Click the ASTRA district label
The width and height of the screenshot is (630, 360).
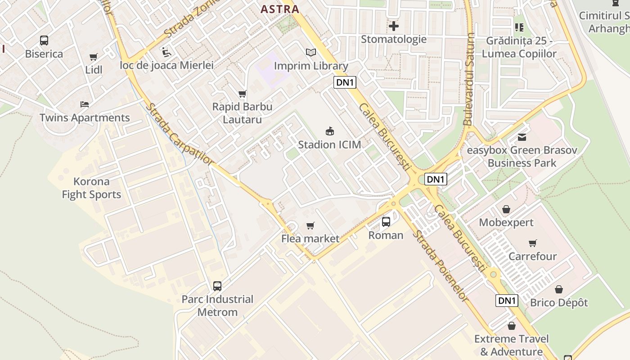[x=280, y=9]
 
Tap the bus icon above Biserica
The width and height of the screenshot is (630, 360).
[x=44, y=40]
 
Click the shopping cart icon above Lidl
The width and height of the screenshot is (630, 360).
[x=94, y=57]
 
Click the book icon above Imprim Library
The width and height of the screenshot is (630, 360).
[x=311, y=53]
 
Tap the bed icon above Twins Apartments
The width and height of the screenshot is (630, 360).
[x=85, y=104]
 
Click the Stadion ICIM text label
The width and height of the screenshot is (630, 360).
[x=329, y=145]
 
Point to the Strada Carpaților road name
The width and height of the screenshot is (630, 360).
[x=180, y=135]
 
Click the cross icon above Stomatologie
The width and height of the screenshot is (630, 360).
[x=394, y=26]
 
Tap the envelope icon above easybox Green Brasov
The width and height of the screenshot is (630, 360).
[x=522, y=137]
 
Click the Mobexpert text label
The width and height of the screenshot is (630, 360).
[x=506, y=222]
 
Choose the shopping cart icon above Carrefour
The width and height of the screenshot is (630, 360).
[x=533, y=243]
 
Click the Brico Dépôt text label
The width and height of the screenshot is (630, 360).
[x=559, y=302]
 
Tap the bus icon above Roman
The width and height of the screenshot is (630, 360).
[x=386, y=222]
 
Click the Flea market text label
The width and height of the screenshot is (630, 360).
[x=310, y=238]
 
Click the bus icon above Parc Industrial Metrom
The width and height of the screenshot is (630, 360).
[x=217, y=286]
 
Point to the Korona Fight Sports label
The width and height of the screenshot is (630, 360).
[x=91, y=188]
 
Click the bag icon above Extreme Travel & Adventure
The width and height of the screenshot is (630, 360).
[x=511, y=326]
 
